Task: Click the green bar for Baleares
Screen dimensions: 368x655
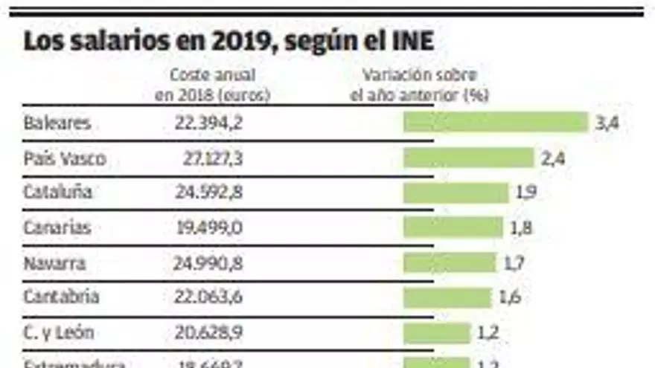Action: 495,122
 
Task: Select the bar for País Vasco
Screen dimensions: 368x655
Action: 468,158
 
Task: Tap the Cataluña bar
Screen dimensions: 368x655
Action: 456,193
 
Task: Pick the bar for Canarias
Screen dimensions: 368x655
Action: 453,227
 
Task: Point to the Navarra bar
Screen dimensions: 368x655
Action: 449,262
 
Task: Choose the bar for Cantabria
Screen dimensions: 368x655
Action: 447,297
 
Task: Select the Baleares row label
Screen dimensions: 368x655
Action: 57,123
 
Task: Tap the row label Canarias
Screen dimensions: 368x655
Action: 57,227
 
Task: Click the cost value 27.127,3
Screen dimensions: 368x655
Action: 213,158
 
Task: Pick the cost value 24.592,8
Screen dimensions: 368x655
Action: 208,193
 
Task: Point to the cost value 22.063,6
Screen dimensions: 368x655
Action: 208,297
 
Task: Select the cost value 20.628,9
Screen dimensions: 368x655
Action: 208,332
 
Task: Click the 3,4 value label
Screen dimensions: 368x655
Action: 607,123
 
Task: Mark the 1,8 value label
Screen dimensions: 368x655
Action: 521,228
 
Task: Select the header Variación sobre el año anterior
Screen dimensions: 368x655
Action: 419,85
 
